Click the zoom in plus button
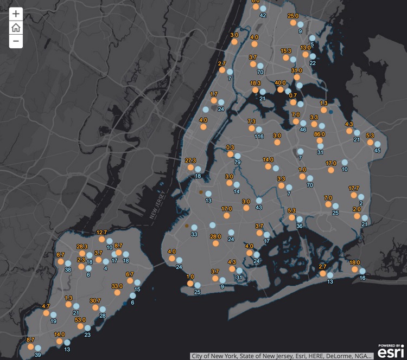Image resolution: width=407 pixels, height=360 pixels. pos(16,14)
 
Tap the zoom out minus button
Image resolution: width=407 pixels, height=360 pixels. pos(16,41)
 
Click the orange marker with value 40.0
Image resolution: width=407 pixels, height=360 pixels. pos(281,89)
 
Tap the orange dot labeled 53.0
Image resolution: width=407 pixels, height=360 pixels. pos(80,326)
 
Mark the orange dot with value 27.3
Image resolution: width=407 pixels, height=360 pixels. pos(190,168)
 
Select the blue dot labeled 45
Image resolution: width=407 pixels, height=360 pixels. pos(377,144)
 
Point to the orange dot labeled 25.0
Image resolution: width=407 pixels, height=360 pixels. pos(294,23)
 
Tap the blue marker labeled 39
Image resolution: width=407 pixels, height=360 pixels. pos(38,348)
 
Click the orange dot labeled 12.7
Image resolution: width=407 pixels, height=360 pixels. pos(101,239)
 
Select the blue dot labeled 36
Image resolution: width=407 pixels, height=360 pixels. pos(299,219)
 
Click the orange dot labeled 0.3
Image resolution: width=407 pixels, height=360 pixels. pos(230,153)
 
